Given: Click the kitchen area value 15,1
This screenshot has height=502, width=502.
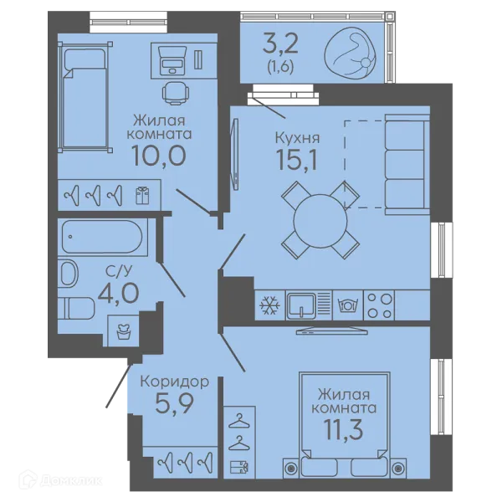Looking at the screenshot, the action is click(x=297, y=160).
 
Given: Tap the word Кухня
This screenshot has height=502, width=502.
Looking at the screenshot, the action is click(x=297, y=138).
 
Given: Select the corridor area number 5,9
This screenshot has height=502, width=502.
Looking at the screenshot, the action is click(x=175, y=403).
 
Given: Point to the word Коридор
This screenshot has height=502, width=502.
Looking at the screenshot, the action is click(x=175, y=382).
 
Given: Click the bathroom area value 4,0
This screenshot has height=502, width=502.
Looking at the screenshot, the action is click(x=119, y=294).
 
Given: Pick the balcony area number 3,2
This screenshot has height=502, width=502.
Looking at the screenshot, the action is click(x=280, y=44).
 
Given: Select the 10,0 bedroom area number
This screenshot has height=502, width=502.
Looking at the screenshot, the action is click(x=159, y=156).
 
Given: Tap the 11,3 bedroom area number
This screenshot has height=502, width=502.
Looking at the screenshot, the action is click(x=344, y=430).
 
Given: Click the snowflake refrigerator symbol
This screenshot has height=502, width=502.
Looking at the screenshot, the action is click(x=269, y=305).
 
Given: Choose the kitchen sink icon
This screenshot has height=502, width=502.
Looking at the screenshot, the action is click(x=301, y=305).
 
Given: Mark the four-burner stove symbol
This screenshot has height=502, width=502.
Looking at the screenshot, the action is click(x=379, y=305).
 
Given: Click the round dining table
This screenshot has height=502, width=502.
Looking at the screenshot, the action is click(x=320, y=221).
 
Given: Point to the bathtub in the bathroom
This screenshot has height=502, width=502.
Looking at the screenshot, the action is click(x=102, y=237).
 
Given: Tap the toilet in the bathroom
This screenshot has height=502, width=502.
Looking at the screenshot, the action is click(x=76, y=308).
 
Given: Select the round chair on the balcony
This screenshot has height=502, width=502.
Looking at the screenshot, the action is click(x=351, y=53).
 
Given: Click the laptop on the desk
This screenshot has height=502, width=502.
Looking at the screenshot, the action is click(x=173, y=61).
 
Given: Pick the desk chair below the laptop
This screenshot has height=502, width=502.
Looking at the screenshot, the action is click(x=174, y=93).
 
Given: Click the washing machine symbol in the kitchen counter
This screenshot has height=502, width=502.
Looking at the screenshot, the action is click(x=347, y=305).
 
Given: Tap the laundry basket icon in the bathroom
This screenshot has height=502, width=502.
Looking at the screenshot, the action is click(x=123, y=331).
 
